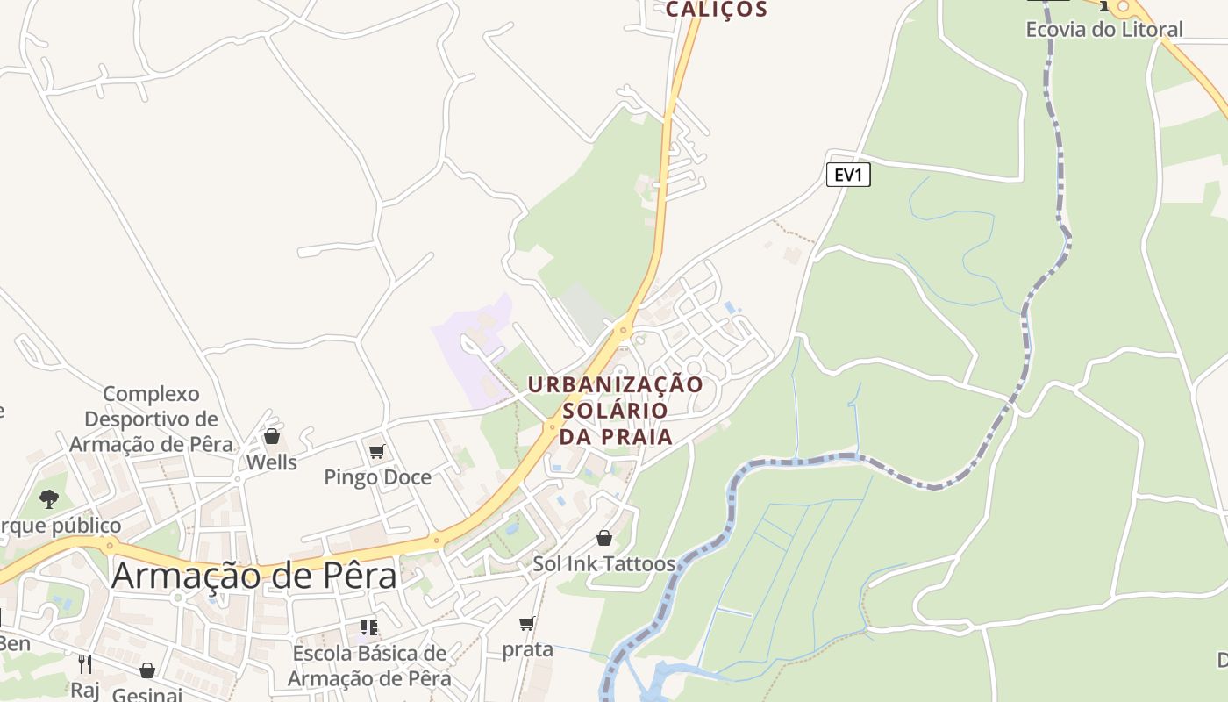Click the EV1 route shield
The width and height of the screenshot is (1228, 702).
click(848, 175)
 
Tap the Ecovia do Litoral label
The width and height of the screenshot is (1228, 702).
click(1103, 29)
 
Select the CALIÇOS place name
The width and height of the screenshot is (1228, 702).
click(716, 10)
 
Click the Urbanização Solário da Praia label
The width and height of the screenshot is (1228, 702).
click(616, 410)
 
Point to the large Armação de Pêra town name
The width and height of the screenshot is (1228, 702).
click(254, 576)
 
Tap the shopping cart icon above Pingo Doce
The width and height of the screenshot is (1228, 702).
click(377, 452)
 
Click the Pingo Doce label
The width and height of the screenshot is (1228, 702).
click(377, 477)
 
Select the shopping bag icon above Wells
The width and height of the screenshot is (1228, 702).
click(272, 436)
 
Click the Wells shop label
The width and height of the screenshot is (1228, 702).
click(271, 462)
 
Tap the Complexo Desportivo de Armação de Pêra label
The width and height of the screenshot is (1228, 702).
click(151, 419)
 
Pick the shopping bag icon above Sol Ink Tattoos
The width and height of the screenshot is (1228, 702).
click(604, 538)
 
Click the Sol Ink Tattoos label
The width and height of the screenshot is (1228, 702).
click(604, 563)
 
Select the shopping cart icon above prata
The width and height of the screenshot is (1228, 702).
click(526, 624)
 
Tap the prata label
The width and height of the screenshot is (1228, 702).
click(527, 649)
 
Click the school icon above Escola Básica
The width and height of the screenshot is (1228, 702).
click(369, 627)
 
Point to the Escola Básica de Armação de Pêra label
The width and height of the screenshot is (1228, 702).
click(369, 666)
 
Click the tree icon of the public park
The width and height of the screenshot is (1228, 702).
click(49, 499)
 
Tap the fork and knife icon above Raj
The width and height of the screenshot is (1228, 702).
click(85, 663)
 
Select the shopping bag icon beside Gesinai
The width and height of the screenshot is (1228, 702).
click(147, 671)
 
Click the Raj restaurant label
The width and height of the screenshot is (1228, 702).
click(85, 690)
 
